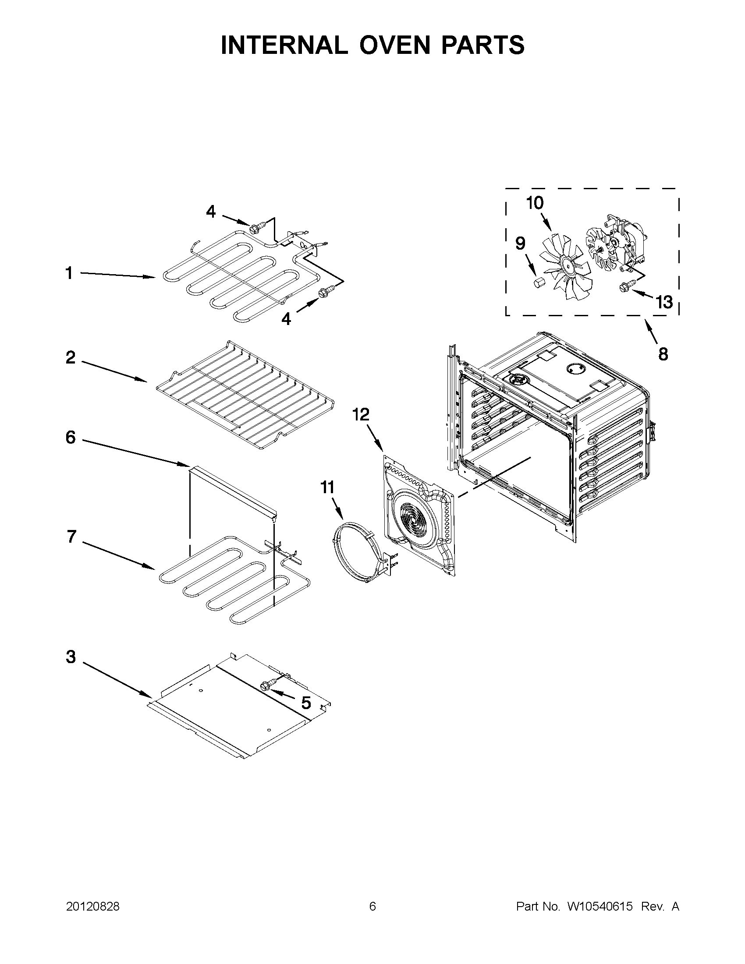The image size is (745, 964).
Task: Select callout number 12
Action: pos(360,415)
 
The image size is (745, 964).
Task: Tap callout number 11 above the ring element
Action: pos(327,488)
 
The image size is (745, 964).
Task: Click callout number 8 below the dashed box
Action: pos(663,354)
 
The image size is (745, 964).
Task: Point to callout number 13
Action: pos(664,302)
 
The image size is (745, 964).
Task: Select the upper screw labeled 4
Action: pos(255,228)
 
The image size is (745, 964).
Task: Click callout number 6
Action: pos(71,438)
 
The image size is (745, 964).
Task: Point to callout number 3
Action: pos(71,657)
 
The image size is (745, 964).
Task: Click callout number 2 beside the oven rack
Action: pos(71,357)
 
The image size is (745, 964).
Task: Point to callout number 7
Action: pos(71,537)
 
